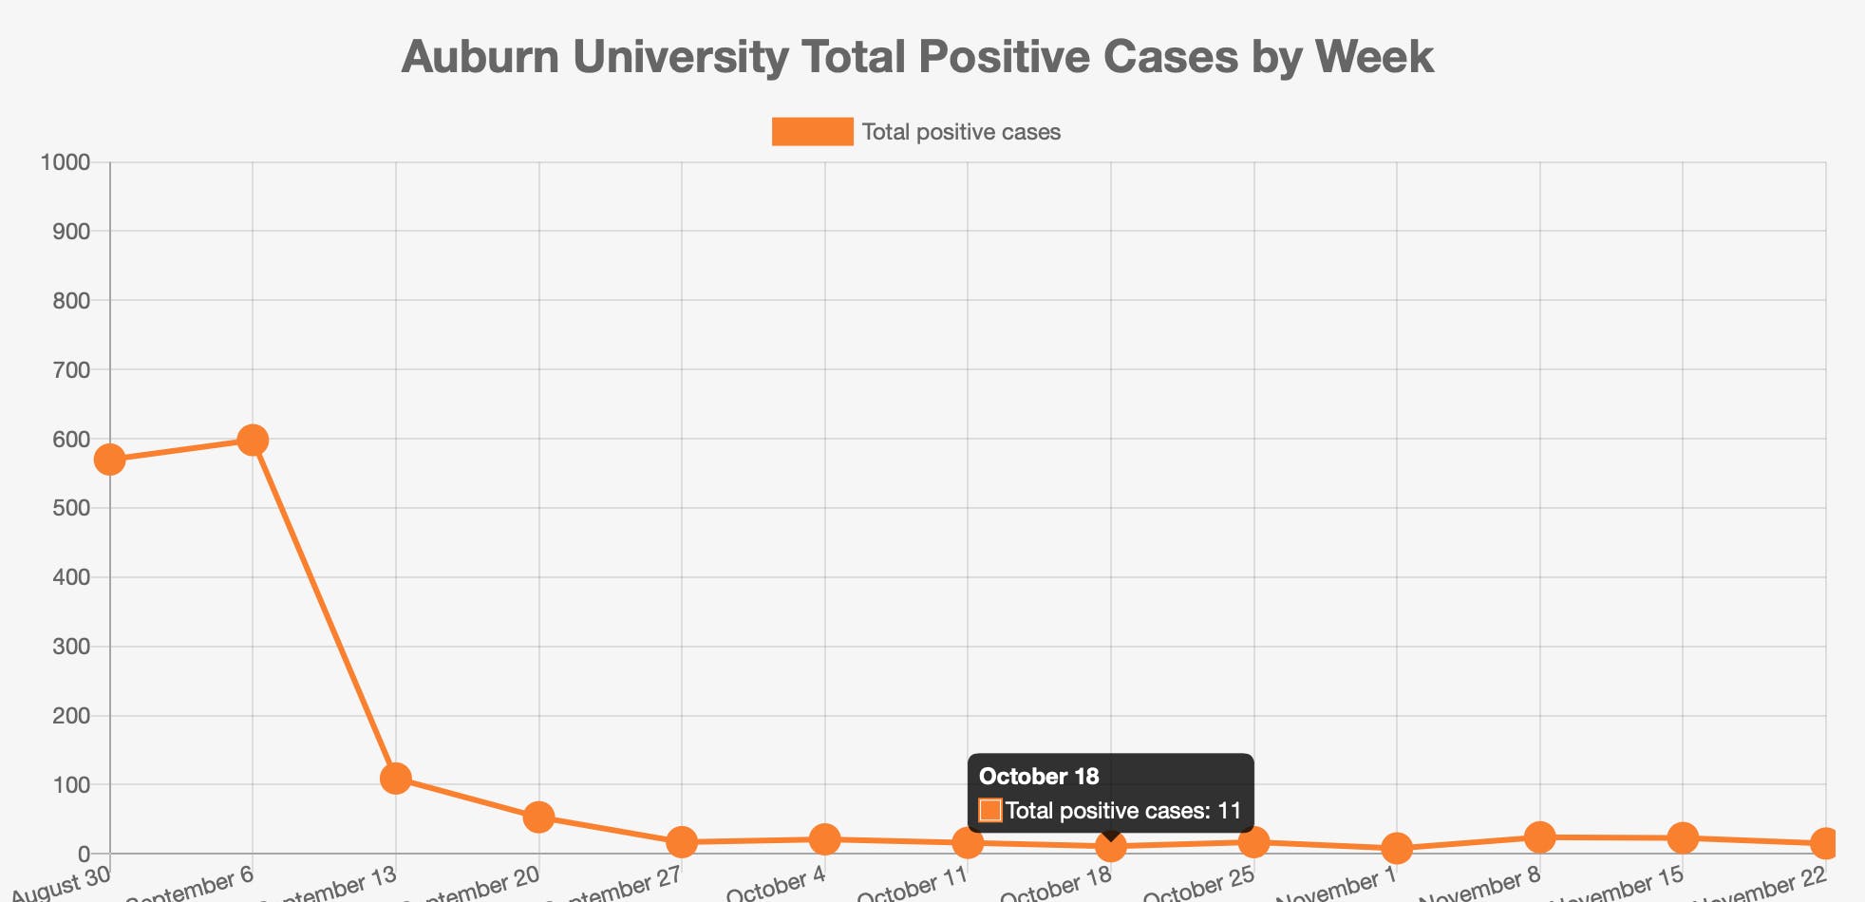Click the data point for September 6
coord(253,440)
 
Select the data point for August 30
coord(110,460)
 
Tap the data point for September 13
coord(396,779)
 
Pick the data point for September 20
coord(538,817)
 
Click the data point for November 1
coord(1396,848)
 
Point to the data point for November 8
coord(1539,836)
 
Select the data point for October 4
coord(825,838)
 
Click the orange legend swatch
coord(812,132)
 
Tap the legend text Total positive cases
coord(961,132)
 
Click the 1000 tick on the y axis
coord(66,162)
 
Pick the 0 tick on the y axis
coord(84,854)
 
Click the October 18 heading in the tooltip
coord(1039,777)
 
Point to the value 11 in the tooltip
coord(1230,811)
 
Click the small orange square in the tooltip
coord(990,810)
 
